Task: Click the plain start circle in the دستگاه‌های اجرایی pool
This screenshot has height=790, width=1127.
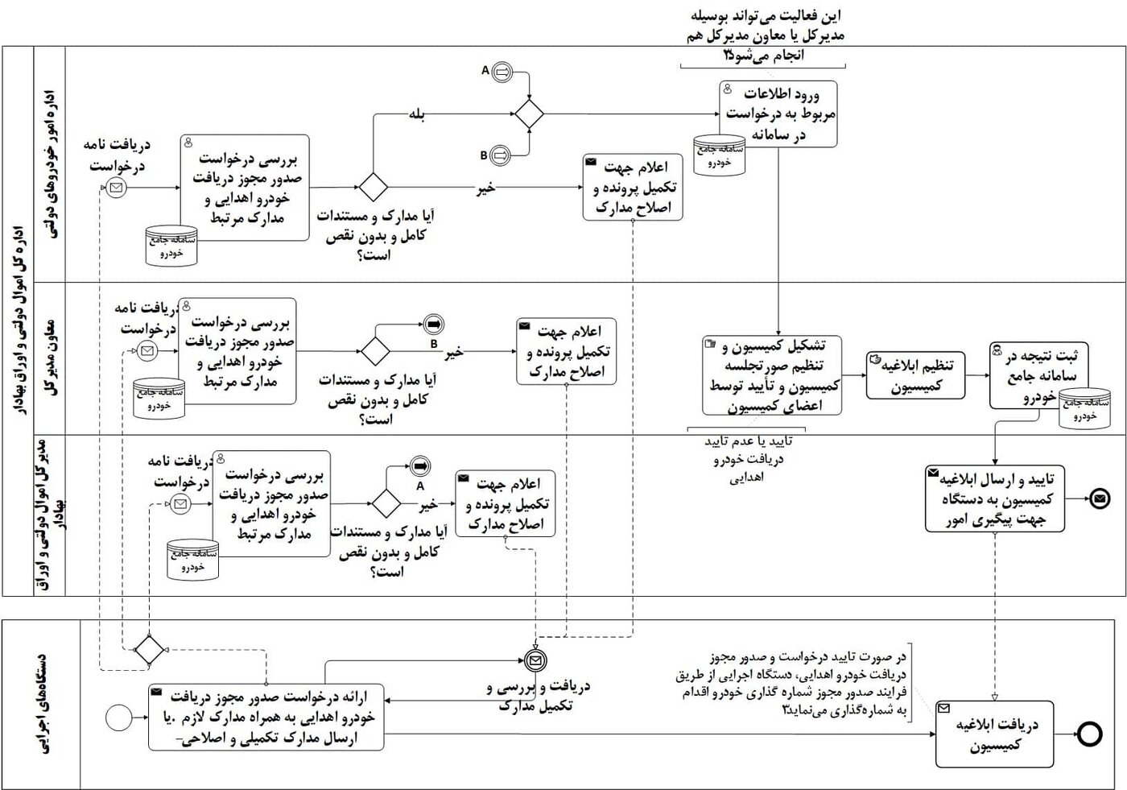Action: pyautogui.click(x=118, y=718)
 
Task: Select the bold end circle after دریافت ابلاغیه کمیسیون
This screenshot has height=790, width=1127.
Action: pyautogui.click(x=1090, y=734)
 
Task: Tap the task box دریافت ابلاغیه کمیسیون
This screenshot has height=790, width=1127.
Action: pyautogui.click(x=995, y=734)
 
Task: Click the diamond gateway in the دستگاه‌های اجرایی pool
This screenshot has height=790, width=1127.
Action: pyautogui.click(x=148, y=649)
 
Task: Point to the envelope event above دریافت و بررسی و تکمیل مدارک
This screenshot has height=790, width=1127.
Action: pyautogui.click(x=535, y=661)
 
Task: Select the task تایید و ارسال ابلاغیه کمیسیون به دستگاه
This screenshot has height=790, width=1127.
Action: pyautogui.click(x=995, y=499)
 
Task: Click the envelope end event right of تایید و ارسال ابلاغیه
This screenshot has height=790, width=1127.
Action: pyautogui.click(x=1100, y=499)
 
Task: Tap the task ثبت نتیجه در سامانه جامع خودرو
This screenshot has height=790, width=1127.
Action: pyautogui.click(x=1038, y=375)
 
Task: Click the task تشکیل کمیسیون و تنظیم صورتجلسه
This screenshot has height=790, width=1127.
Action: pyautogui.click(x=772, y=375)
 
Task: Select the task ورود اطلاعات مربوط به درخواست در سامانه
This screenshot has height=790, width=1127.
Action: pyautogui.click(x=778, y=114)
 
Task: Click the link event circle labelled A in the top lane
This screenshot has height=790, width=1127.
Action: pyautogui.click(x=501, y=72)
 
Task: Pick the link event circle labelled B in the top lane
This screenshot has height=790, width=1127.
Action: pyautogui.click(x=500, y=155)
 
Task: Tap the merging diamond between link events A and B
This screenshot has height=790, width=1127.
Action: pyautogui.click(x=529, y=114)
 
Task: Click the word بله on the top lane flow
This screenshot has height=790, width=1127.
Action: pyautogui.click(x=416, y=114)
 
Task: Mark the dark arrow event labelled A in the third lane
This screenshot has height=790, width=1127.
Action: pyautogui.click(x=419, y=466)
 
